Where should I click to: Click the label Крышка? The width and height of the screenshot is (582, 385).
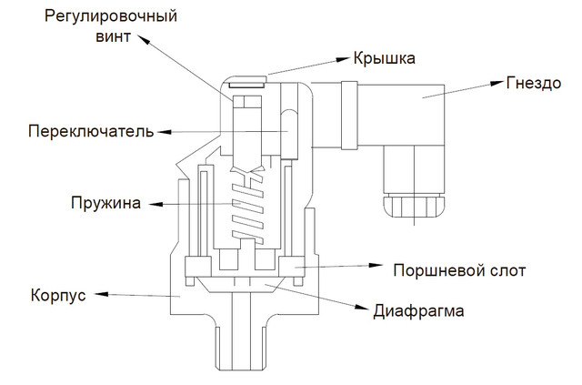(x=385, y=59)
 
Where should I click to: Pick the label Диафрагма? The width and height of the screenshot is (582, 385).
(x=419, y=310)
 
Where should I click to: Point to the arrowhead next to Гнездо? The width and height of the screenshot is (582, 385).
(x=495, y=84)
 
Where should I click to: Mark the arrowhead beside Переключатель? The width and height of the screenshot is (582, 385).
(x=163, y=132)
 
